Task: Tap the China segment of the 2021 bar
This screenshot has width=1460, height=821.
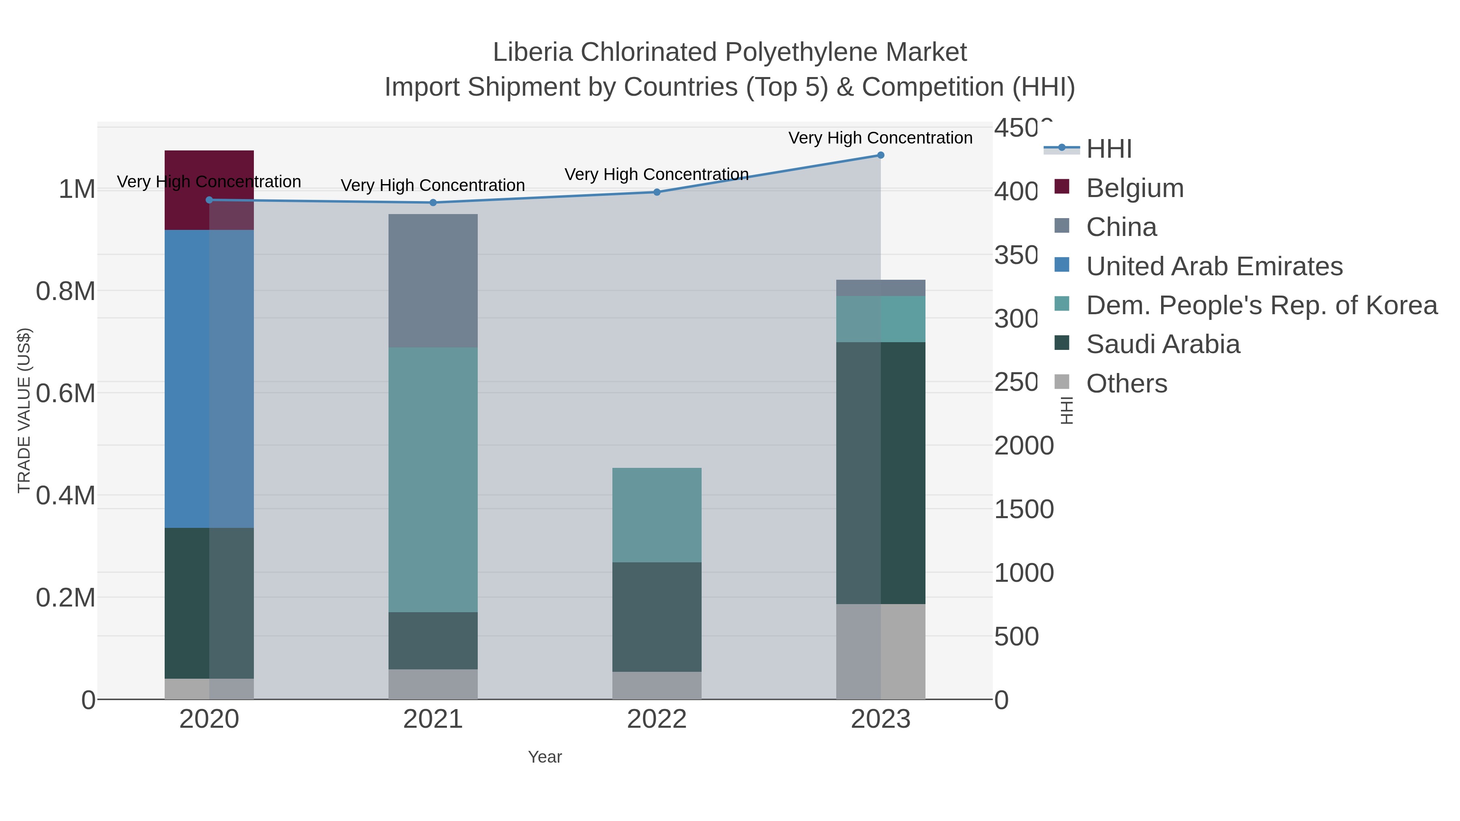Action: [433, 281]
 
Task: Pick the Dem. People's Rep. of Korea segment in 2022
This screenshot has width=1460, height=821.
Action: [657, 514]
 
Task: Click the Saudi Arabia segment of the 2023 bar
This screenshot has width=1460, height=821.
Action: [881, 473]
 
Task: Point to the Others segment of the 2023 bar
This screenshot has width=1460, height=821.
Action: [881, 651]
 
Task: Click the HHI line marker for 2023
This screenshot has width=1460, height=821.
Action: [881, 155]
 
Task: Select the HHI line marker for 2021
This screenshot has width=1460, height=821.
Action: [433, 203]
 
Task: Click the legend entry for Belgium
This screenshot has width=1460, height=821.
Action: [1135, 188]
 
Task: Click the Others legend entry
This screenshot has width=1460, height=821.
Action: [1126, 384]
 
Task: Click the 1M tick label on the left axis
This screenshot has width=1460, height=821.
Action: [77, 189]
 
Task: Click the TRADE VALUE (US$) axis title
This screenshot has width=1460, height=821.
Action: [24, 410]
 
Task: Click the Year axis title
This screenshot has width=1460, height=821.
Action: [545, 757]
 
